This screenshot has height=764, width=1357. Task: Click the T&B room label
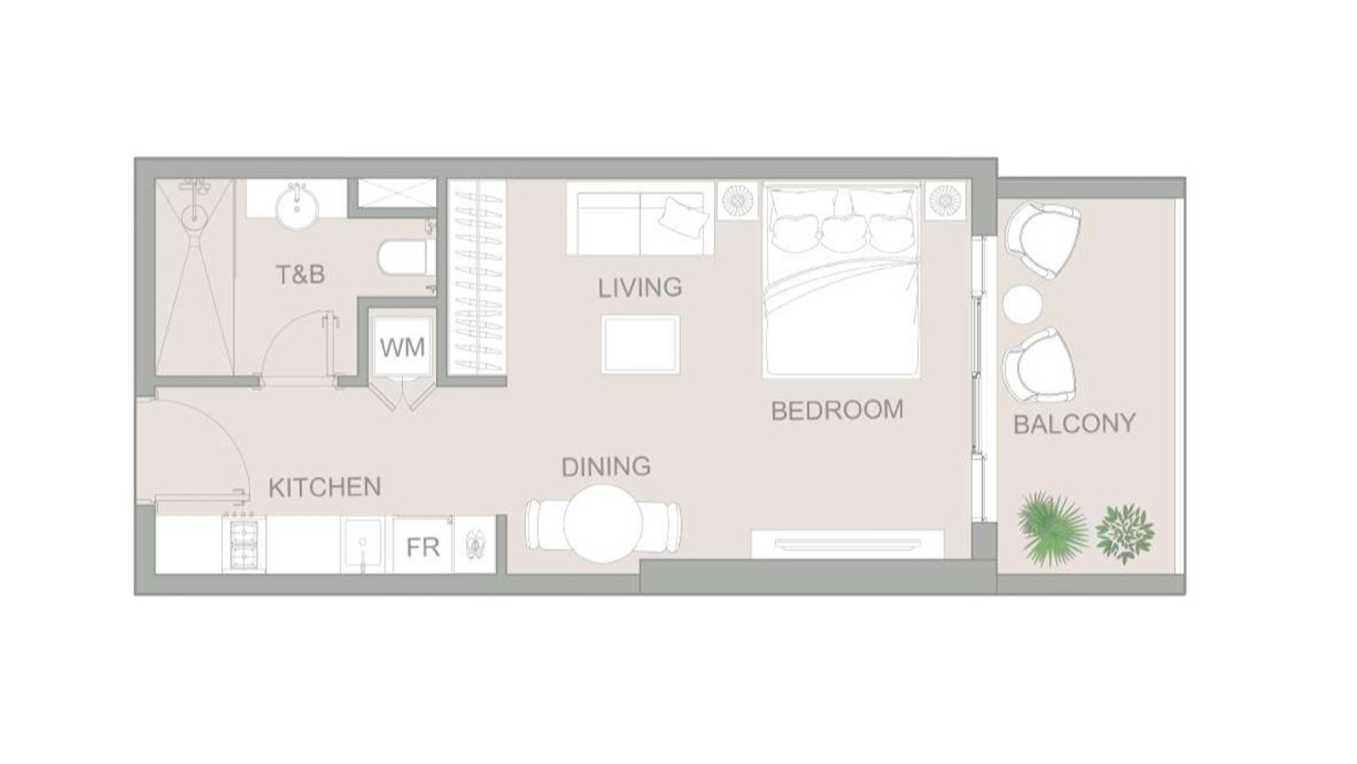(x=300, y=275)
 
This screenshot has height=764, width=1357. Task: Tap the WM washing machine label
(x=402, y=347)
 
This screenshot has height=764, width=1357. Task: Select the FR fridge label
(x=423, y=548)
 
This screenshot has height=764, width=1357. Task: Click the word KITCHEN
(x=324, y=488)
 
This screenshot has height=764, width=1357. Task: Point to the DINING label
(x=606, y=467)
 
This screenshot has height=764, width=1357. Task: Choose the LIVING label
(x=640, y=287)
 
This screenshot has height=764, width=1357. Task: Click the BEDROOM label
(x=837, y=410)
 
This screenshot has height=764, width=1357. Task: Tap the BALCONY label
(x=1074, y=424)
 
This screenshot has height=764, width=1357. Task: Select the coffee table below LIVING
(x=640, y=344)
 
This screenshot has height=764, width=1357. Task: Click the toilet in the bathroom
(x=403, y=258)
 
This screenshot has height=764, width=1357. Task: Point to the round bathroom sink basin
(x=297, y=205)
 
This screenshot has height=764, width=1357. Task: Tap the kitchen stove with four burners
(x=244, y=544)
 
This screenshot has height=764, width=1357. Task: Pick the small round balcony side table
(x=1023, y=304)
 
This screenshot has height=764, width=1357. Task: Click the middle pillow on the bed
(x=842, y=232)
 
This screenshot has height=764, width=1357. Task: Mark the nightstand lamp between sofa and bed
(x=737, y=200)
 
